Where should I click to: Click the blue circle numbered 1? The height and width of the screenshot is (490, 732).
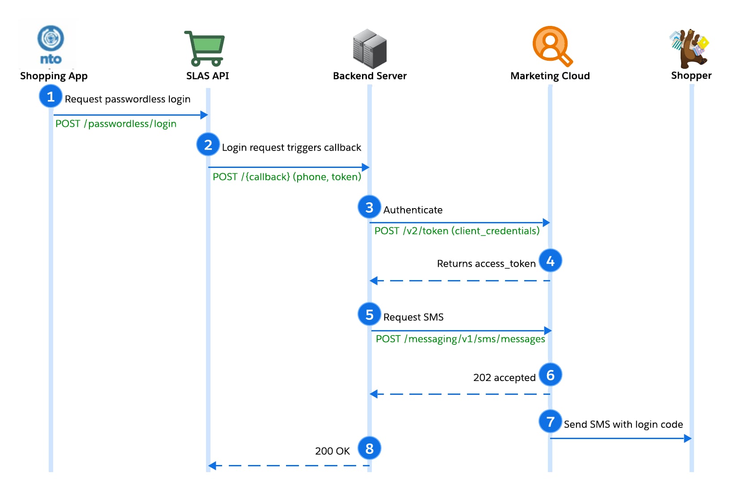tap(50, 96)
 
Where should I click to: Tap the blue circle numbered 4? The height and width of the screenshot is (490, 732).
tap(550, 261)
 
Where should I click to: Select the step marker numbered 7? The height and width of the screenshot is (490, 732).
tap(550, 421)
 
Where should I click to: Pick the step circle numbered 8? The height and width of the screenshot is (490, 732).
tap(369, 448)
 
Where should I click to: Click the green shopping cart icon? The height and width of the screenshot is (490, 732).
tap(205, 49)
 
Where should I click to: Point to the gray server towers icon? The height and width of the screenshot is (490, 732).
tap(370, 49)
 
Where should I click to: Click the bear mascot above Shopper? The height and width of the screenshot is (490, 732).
tap(690, 48)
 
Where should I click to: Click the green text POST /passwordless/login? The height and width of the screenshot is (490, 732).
tap(116, 124)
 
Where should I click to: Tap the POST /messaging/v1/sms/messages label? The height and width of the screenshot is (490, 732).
tap(460, 339)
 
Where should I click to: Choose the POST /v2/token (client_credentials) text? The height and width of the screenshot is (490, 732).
tap(457, 231)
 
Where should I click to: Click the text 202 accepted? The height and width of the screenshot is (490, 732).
tap(504, 378)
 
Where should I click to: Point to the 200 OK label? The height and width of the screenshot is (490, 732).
tap(332, 451)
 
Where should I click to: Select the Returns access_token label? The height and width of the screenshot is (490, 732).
tap(486, 264)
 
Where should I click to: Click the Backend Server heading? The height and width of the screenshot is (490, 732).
tap(370, 76)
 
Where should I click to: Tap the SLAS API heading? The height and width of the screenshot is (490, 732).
tap(207, 76)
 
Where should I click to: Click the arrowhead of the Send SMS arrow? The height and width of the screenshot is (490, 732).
tap(688, 438)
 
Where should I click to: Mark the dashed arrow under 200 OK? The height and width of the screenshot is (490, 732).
tap(289, 465)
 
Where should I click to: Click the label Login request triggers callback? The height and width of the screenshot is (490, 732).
tap(291, 147)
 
